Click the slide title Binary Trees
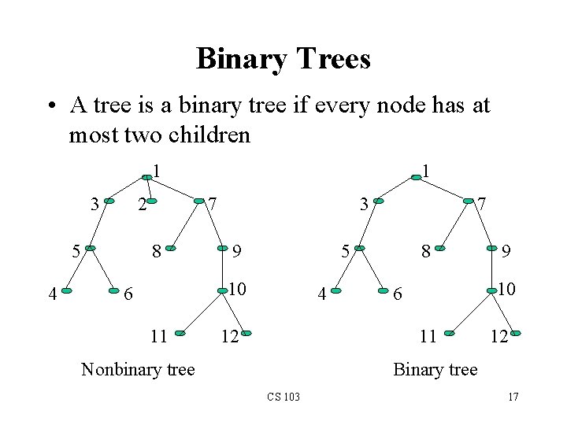coord(283,59)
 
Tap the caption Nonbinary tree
coord(138,369)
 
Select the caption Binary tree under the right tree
coord(435,369)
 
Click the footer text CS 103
coord(283,396)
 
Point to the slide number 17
coord(513,396)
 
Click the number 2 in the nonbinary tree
coord(142,205)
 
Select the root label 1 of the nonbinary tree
coord(157,169)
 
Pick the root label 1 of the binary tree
coord(424,169)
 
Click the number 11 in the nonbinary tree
coord(159,337)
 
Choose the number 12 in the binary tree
coord(498,337)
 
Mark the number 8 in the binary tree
coord(425,252)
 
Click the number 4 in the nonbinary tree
coord(52,295)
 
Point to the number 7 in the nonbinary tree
coord(213,205)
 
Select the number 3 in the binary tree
coord(363,205)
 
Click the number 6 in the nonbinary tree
coord(131,294)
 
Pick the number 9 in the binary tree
coord(507,252)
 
